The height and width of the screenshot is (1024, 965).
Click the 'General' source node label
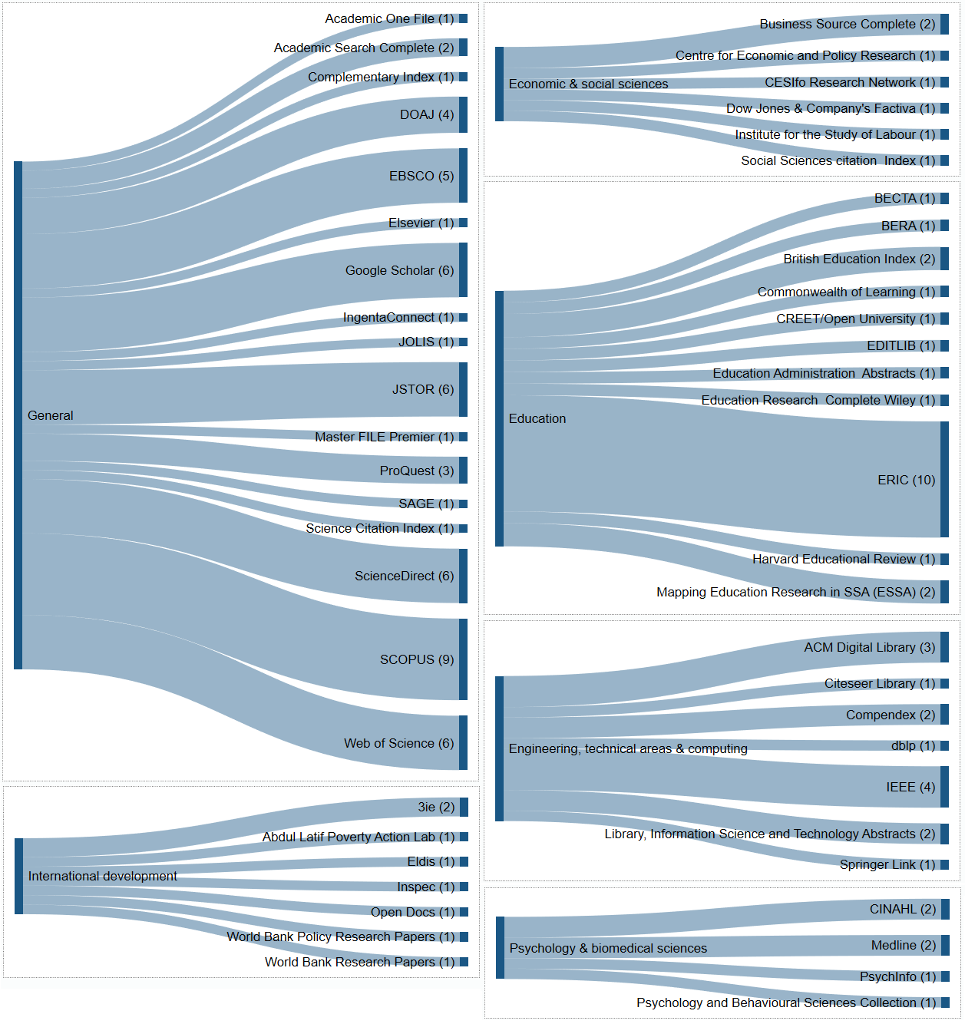51,415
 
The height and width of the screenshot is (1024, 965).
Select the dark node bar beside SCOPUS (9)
463,659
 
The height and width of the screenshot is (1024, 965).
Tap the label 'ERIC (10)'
906,480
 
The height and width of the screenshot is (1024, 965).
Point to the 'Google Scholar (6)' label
399,270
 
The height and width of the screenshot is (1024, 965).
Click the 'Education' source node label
537,418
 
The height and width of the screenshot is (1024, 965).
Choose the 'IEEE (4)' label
910,787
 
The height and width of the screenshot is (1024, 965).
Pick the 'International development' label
103,876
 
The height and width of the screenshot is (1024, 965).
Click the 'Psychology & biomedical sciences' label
608,948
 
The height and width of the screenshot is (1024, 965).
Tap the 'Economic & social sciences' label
588,84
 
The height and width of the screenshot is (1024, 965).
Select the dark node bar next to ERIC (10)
944,480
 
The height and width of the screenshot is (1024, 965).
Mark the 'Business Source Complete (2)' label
848,24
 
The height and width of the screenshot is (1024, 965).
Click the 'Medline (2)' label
904,945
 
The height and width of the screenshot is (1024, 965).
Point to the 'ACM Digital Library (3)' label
870,647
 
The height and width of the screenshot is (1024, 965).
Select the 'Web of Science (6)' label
398,743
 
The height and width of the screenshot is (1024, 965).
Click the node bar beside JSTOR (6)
463,389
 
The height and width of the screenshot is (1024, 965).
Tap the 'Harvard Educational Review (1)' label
844,559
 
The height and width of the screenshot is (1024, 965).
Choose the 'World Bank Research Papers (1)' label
360,962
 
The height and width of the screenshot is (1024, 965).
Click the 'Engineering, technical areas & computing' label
628,748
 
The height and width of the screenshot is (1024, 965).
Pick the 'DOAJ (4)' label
427,114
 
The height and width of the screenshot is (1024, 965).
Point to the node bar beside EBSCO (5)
463,176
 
